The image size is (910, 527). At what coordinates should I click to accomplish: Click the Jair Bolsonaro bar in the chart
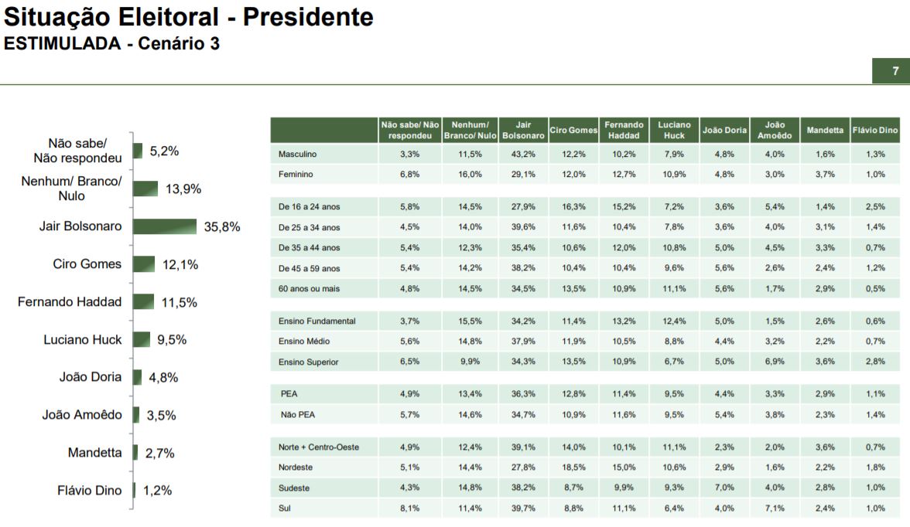(164, 226)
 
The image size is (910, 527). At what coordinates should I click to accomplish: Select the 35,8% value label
(222, 227)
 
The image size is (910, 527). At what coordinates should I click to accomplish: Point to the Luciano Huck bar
(142, 339)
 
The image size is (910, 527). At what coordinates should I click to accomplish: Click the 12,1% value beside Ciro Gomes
(180, 264)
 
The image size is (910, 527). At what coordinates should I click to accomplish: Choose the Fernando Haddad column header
(624, 130)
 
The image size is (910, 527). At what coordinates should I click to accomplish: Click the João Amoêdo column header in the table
(775, 130)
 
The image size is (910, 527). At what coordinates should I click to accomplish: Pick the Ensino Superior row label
(308, 362)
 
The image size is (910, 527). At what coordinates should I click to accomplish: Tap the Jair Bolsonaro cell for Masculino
(523, 154)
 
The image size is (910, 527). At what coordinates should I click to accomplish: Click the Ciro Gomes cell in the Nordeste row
(573, 467)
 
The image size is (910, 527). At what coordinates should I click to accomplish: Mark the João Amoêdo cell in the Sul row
(775, 508)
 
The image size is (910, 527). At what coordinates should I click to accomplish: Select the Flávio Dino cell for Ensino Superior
(875, 362)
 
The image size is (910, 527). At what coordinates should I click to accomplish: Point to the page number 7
(895, 71)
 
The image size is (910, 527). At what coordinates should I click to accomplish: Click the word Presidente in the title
(308, 17)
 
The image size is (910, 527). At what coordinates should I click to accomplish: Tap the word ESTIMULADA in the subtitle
(60, 44)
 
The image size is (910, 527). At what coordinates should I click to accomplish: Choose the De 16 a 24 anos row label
(309, 207)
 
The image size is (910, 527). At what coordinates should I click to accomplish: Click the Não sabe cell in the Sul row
(410, 508)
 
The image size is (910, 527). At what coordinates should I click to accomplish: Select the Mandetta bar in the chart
(135, 453)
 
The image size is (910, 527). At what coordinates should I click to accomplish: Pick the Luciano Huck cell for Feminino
(674, 174)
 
